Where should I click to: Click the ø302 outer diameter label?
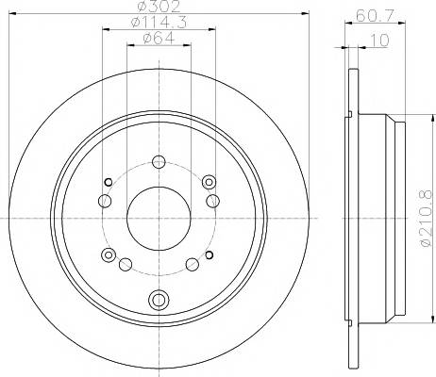(x=159, y=6)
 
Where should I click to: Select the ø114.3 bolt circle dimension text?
(x=159, y=23)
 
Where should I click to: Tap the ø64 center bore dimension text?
(x=159, y=39)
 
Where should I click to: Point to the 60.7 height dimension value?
(x=375, y=15)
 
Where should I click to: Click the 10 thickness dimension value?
(x=380, y=40)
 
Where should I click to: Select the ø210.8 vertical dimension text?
(x=427, y=219)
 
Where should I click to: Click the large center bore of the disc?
(x=159, y=219)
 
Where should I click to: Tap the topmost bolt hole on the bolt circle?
(x=159, y=162)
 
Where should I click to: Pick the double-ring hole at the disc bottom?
(x=159, y=299)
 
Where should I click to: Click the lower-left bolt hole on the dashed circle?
(x=126, y=264)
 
